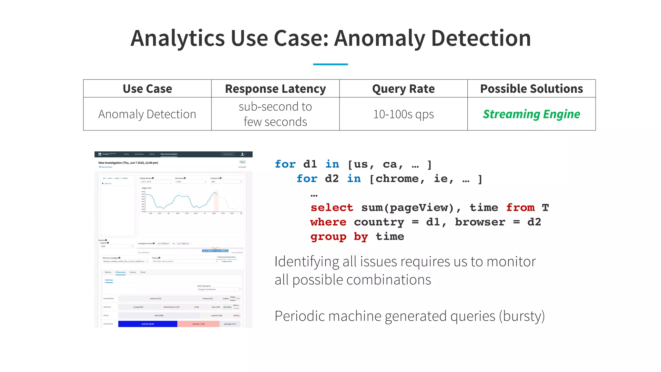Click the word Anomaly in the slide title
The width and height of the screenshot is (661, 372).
point(380,38)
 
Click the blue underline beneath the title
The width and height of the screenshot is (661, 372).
point(330,64)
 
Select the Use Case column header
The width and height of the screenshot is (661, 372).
point(147,89)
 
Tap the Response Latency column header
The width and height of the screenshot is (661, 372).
point(275,89)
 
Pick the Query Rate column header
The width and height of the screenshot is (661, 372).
point(403,89)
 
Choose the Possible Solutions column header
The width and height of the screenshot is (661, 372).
point(531,89)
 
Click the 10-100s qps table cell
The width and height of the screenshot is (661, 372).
point(403,114)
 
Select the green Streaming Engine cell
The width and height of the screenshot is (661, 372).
point(531,114)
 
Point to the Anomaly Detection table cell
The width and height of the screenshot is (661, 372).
point(147,114)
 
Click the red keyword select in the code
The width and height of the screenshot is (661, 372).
point(332,208)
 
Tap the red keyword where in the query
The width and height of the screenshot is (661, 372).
point(328,222)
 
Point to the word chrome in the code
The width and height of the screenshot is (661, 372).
point(397,179)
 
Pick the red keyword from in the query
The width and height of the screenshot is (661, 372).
point(520,208)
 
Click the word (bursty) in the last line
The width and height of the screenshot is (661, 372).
point(522,316)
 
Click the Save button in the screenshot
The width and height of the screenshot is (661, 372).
point(242,162)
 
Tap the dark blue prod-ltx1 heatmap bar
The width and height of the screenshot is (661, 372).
point(147,324)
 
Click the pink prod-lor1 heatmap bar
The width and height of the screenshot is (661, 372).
point(198,324)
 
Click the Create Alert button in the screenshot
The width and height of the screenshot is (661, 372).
point(228,154)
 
